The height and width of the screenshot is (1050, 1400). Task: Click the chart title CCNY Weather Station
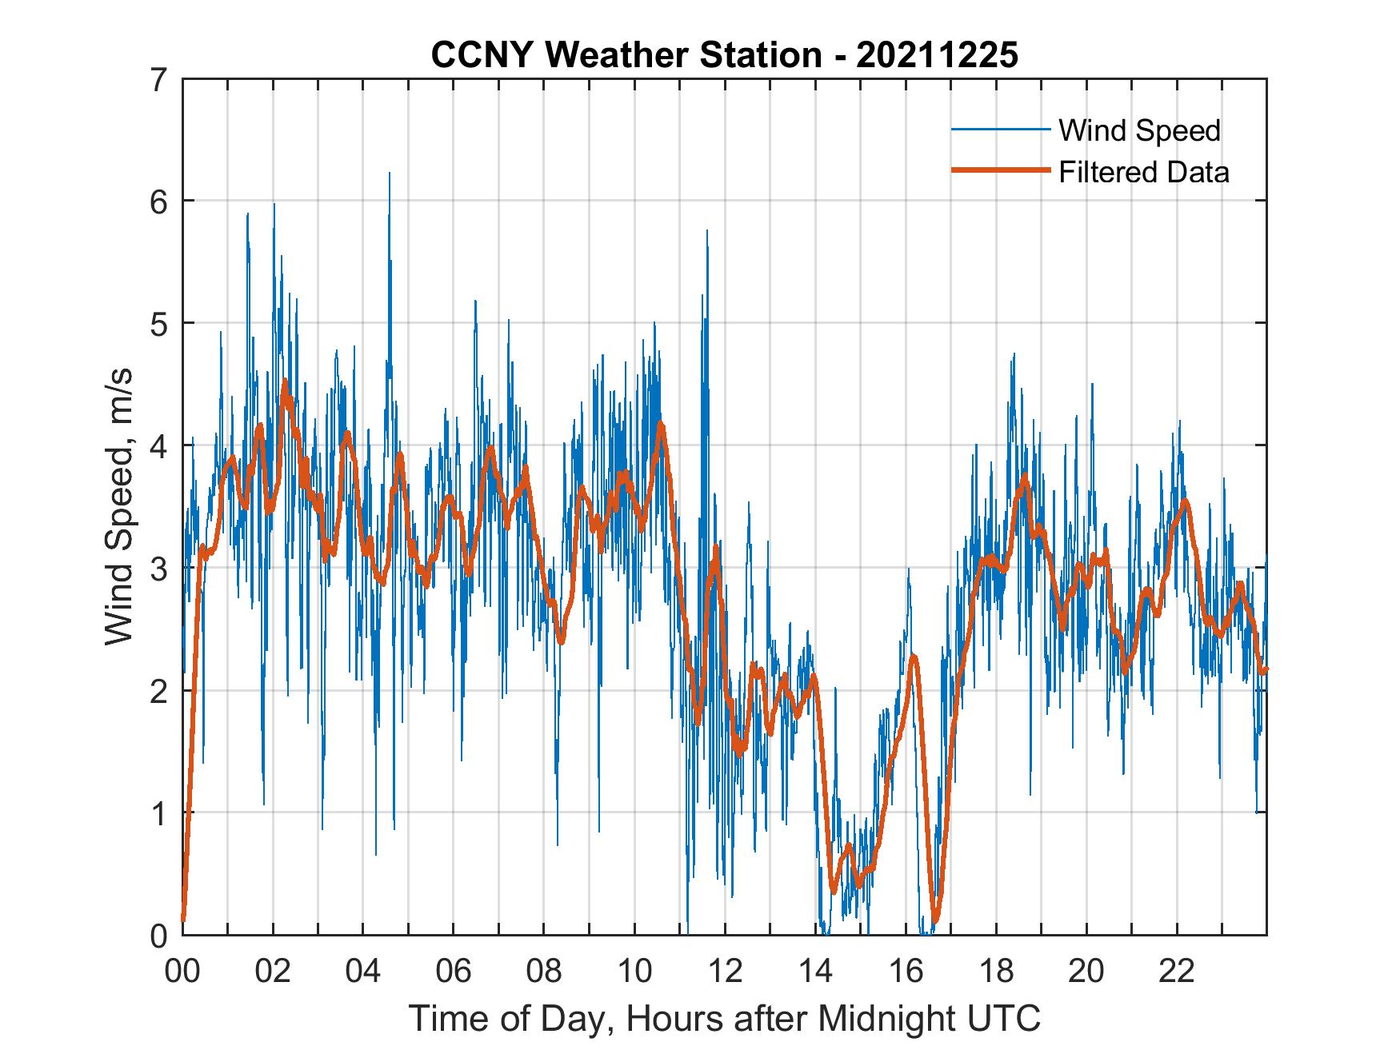pyautogui.click(x=626, y=55)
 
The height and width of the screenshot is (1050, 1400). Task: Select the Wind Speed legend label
pyautogui.click(x=1139, y=130)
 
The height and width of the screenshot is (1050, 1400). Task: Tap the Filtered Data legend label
pyautogui.click(x=1143, y=172)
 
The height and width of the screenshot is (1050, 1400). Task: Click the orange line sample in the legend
pyautogui.click(x=1000, y=171)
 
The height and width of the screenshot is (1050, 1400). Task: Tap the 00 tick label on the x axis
pyautogui.click(x=182, y=972)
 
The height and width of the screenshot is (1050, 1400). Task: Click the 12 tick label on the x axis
pyautogui.click(x=725, y=972)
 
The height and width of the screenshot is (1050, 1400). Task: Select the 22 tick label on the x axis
pyautogui.click(x=1177, y=972)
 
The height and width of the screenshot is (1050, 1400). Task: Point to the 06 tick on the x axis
pyautogui.click(x=454, y=972)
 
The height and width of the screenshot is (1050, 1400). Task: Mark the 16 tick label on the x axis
pyautogui.click(x=906, y=972)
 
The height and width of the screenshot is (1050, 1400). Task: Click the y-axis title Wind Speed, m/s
pyautogui.click(x=118, y=506)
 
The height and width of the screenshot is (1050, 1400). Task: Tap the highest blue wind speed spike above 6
pyautogui.click(x=390, y=174)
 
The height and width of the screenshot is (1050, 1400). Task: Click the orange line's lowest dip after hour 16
pyautogui.click(x=935, y=920)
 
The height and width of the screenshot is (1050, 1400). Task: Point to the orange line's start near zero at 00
pyautogui.click(x=183, y=920)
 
